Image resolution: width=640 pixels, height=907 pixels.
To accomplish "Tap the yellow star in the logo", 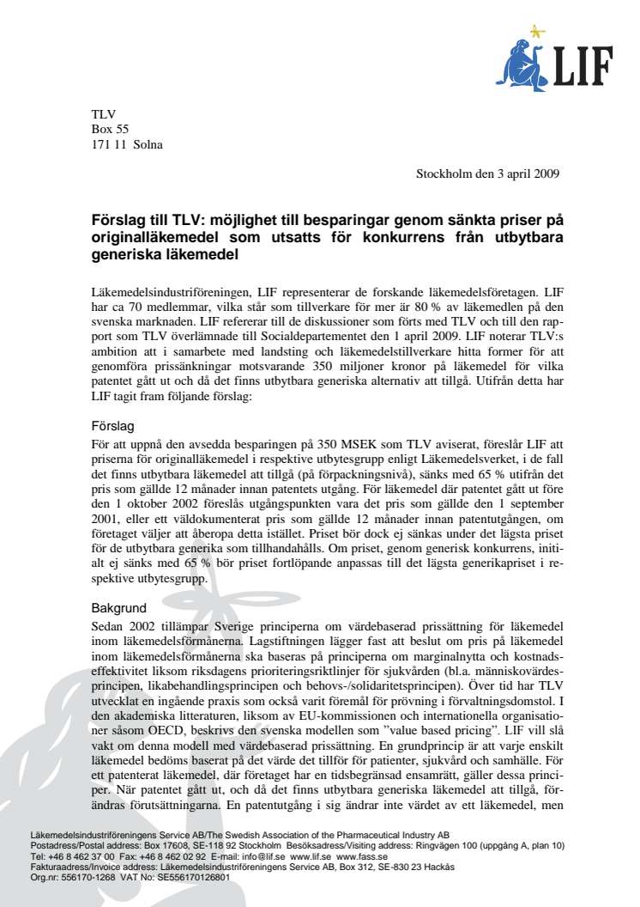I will coord(538,33).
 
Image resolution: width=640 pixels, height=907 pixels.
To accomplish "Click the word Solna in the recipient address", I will coord(148,144).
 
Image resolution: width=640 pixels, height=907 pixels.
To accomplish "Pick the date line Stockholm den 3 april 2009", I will coord(487,173).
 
